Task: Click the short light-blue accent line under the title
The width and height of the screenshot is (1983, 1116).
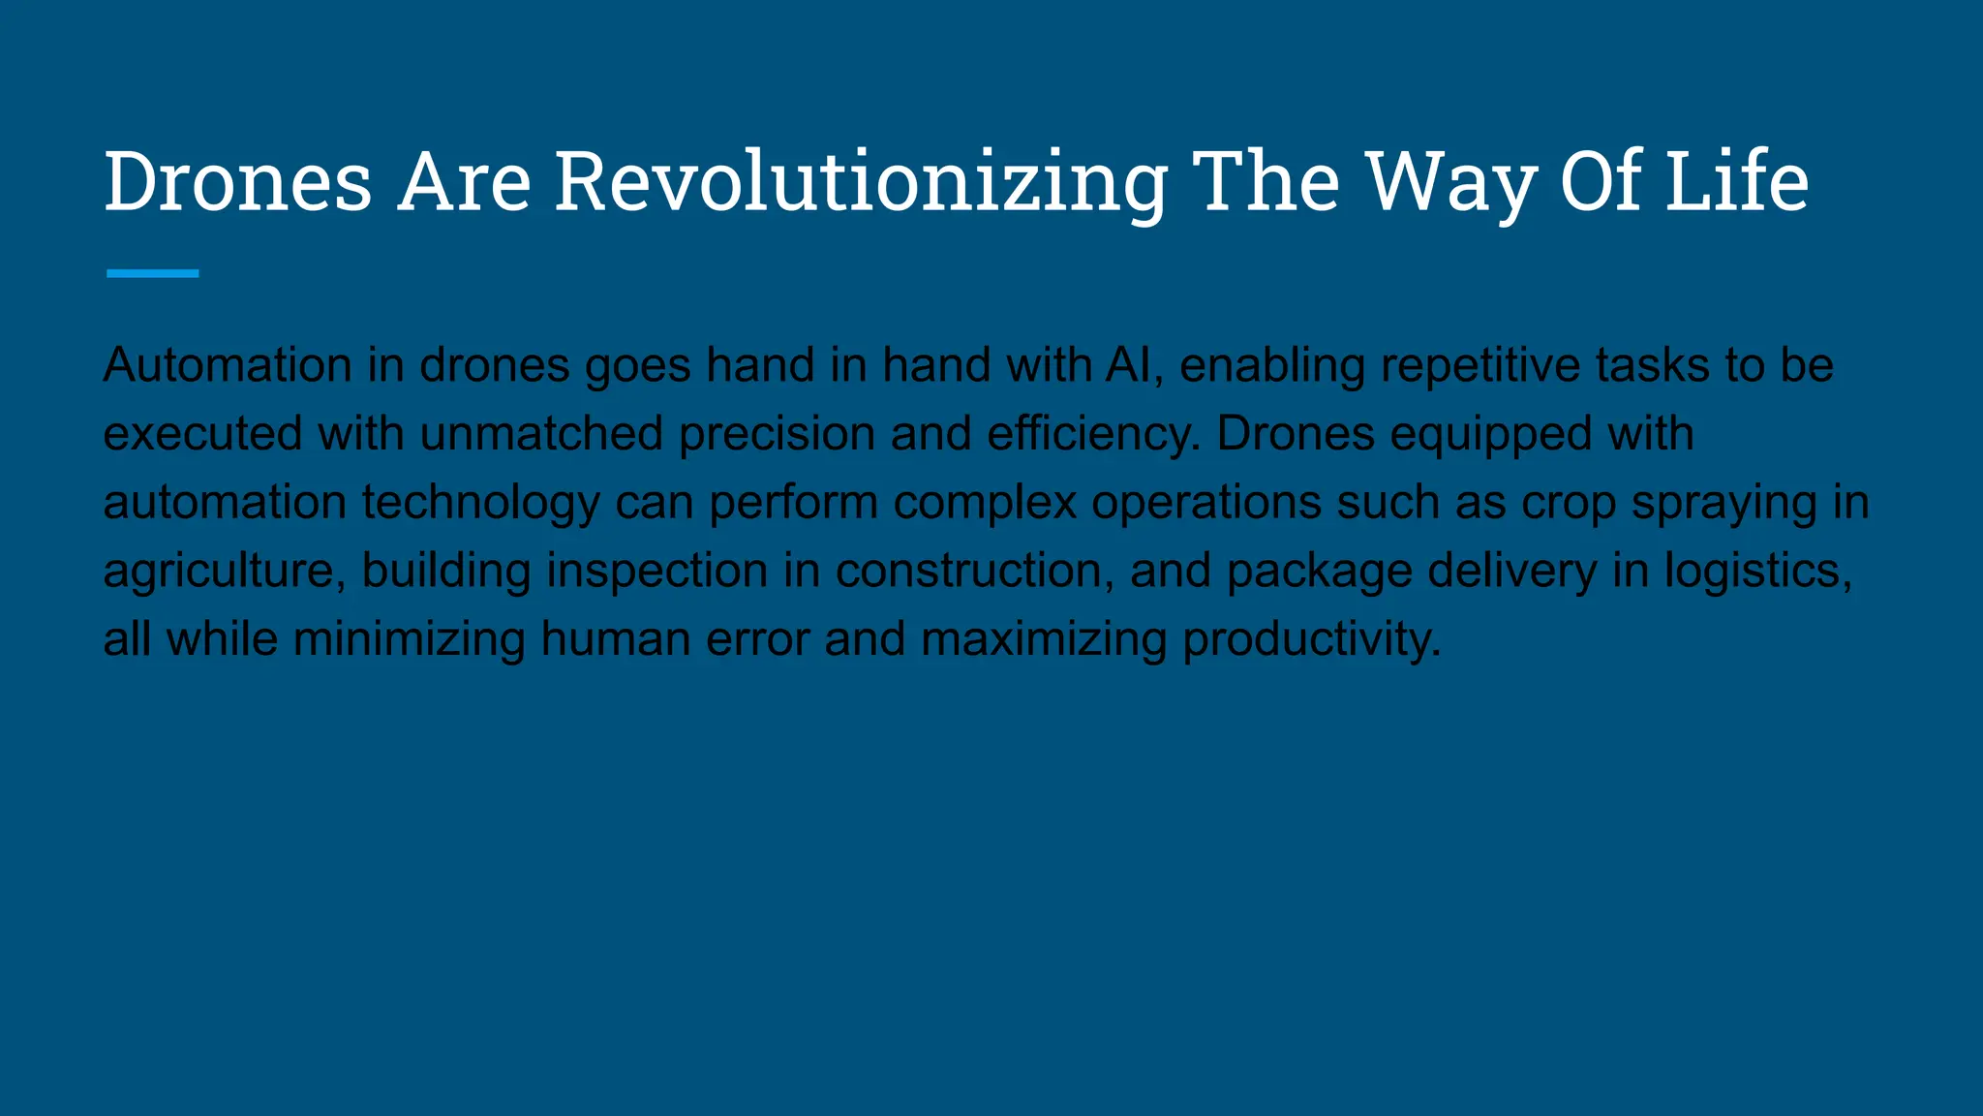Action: click(153, 274)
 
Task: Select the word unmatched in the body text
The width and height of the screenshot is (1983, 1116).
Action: click(541, 433)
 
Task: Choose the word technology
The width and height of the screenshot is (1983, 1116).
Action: click(481, 502)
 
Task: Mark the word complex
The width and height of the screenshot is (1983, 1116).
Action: click(985, 502)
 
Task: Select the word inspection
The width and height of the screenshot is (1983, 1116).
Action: click(657, 571)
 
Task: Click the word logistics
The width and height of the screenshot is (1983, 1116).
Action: click(1757, 571)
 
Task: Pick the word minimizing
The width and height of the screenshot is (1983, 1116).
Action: click(409, 639)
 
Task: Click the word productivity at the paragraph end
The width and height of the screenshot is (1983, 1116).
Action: click(1311, 639)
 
